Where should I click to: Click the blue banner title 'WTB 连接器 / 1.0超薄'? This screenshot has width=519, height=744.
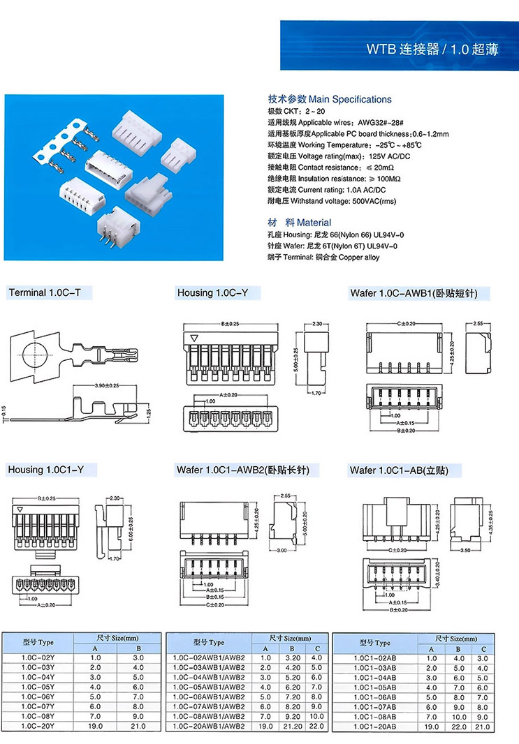point(432,50)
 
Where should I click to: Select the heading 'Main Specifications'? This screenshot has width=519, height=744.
point(330,99)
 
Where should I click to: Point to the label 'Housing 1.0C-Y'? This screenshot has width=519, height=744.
point(212,293)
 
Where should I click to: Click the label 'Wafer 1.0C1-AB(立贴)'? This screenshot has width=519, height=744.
point(398,470)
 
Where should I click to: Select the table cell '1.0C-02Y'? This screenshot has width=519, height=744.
point(38,657)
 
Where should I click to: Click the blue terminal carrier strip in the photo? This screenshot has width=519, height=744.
point(63,144)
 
